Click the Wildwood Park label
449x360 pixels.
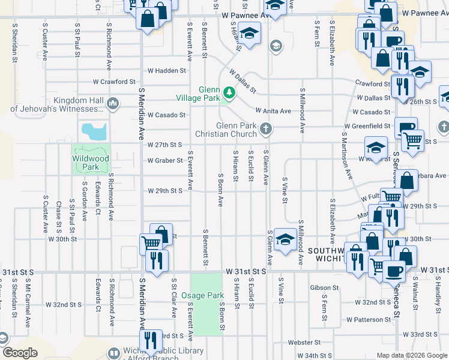coord(91,162)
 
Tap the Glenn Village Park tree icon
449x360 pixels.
coord(229,93)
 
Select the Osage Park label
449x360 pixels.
coord(207,296)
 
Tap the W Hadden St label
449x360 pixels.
coord(166,71)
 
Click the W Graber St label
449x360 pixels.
coord(165,161)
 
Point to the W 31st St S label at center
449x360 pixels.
coord(246,271)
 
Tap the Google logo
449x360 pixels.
coord(20,353)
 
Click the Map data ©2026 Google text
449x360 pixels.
coord(412,355)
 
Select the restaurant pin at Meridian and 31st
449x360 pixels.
coord(157,262)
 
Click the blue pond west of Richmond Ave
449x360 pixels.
coord(94,130)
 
